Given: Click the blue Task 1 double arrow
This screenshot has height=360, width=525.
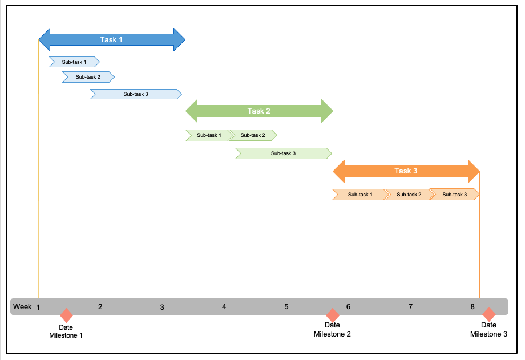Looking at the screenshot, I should (x=112, y=39).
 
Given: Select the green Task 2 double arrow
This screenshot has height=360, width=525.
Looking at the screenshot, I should (x=259, y=111).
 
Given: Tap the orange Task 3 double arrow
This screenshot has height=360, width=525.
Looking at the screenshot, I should (x=406, y=171).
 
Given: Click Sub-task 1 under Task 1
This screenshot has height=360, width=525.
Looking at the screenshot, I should (x=74, y=62).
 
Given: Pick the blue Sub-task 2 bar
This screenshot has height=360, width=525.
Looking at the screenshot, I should (x=88, y=77).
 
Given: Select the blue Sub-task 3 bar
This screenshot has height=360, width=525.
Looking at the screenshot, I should (x=136, y=94).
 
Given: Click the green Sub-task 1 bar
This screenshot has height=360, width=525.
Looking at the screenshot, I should (x=208, y=135).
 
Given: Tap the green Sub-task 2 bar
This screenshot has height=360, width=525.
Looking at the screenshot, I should (x=253, y=135).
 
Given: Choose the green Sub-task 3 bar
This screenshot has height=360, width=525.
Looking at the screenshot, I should (x=283, y=153).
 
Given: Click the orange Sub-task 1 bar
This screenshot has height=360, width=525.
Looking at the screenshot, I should (x=360, y=195).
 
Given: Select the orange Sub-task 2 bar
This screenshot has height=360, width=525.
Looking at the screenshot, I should (x=409, y=195).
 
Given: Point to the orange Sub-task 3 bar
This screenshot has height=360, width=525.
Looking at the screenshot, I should (x=455, y=195).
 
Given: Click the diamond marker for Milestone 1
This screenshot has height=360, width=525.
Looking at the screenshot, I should (x=67, y=315).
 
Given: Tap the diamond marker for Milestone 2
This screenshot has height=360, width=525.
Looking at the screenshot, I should (x=332, y=315).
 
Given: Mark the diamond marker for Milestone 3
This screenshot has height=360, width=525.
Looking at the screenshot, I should (x=488, y=314).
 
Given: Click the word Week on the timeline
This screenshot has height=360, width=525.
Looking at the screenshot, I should (x=22, y=307).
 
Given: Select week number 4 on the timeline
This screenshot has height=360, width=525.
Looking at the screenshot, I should (x=224, y=307).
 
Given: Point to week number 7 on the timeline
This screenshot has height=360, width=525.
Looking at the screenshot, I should (x=410, y=307).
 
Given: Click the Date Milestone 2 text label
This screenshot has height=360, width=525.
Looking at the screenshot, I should (x=332, y=330).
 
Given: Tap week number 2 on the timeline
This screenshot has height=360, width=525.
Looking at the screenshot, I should (x=100, y=307).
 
